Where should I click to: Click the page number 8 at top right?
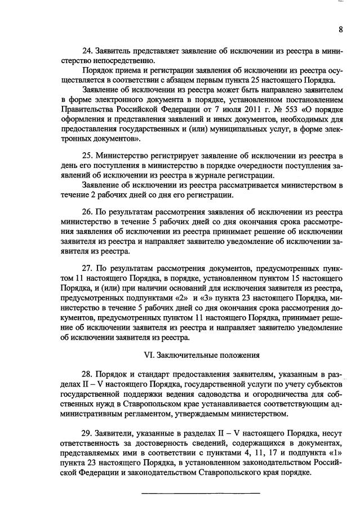pos(341,30)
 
